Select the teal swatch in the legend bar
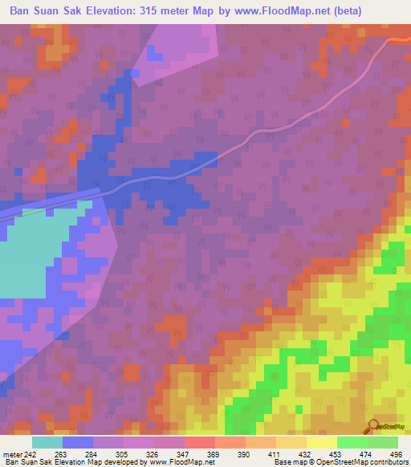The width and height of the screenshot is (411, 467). [47, 442]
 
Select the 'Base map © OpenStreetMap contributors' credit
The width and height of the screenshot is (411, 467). [340, 462]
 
